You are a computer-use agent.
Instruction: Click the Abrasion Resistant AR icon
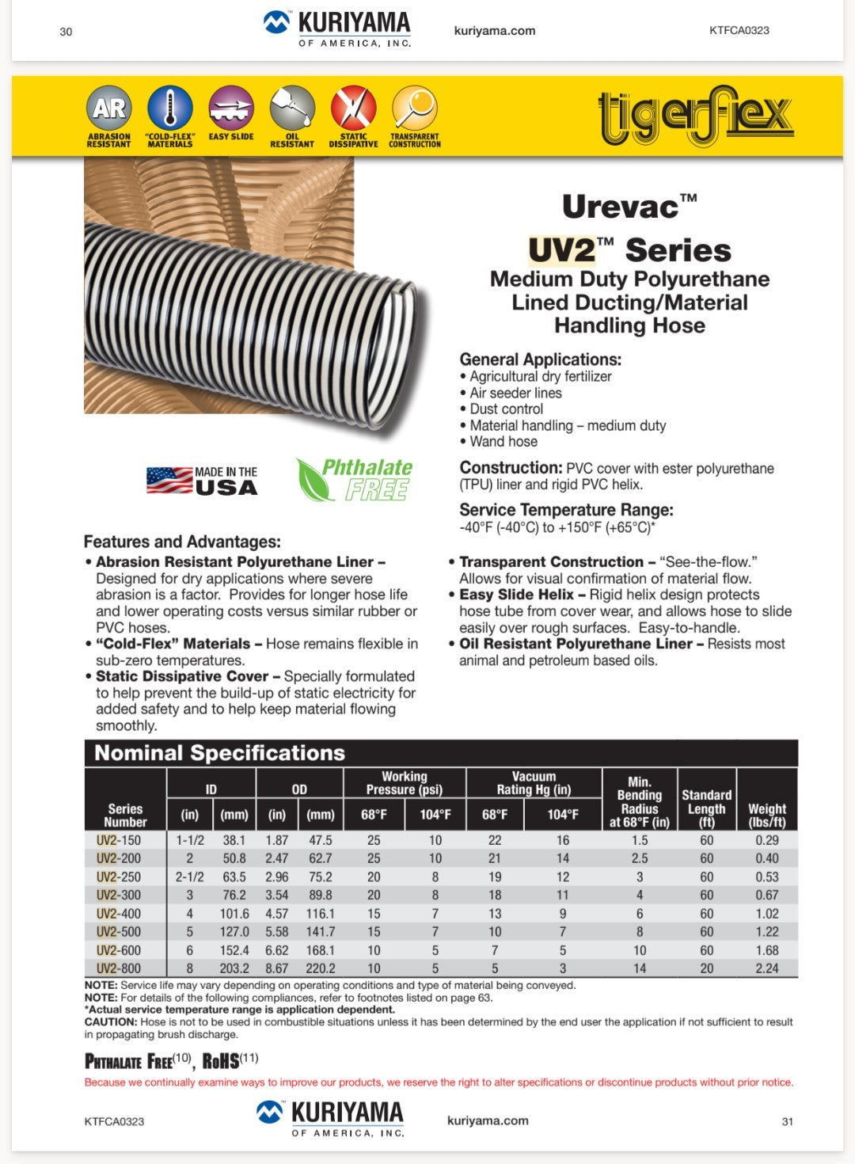click(108, 108)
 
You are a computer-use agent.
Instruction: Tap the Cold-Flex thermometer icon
click(169, 108)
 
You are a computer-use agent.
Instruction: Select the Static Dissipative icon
click(353, 108)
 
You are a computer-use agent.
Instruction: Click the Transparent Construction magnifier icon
click(414, 108)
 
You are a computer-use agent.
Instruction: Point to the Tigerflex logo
click(696, 116)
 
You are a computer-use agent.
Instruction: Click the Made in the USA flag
click(169, 480)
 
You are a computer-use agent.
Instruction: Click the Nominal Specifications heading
click(220, 753)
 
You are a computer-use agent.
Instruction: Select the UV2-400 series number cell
click(119, 914)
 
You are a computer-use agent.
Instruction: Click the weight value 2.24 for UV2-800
click(766, 968)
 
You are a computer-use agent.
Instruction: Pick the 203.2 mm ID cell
click(234, 968)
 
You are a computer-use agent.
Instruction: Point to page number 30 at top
click(66, 32)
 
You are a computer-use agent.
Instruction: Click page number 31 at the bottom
click(787, 1121)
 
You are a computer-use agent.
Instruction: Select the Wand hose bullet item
click(503, 442)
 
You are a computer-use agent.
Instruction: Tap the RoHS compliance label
click(222, 1061)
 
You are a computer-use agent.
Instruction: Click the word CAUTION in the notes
click(111, 1022)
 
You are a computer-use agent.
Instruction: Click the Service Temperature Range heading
click(566, 510)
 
